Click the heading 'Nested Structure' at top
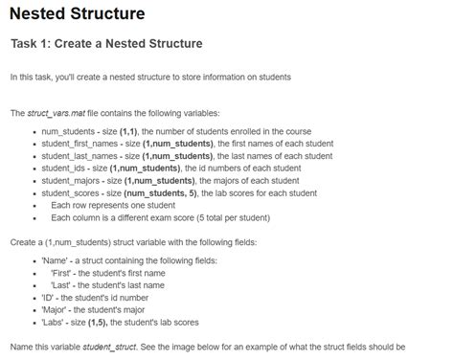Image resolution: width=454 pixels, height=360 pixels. (x=78, y=14)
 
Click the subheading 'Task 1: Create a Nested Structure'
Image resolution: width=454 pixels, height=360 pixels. (x=105, y=44)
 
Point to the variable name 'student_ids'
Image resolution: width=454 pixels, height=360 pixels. (x=63, y=167)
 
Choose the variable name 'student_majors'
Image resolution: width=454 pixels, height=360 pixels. (x=71, y=179)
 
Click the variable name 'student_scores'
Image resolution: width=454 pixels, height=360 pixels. (x=71, y=191)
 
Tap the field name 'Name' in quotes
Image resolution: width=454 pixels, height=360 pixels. (x=55, y=259)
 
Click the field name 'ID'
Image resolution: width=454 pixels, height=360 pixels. (x=49, y=296)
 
